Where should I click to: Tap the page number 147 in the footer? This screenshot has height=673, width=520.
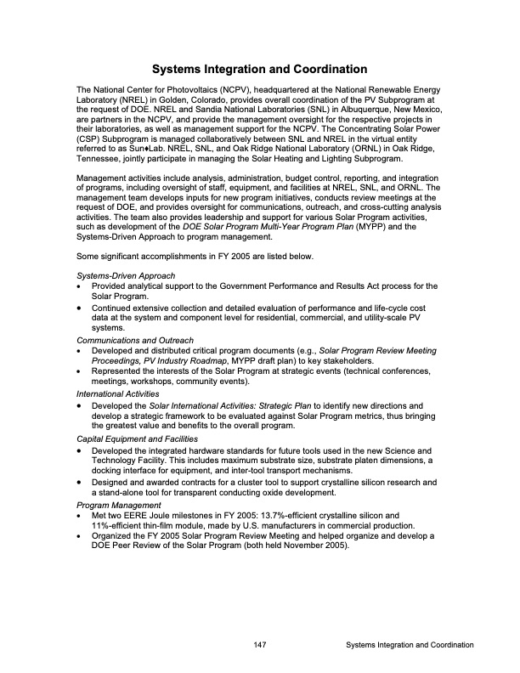tap(260, 646)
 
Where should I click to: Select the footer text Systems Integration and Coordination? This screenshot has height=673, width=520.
tap(410, 646)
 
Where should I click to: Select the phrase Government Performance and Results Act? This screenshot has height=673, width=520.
tap(289, 286)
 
